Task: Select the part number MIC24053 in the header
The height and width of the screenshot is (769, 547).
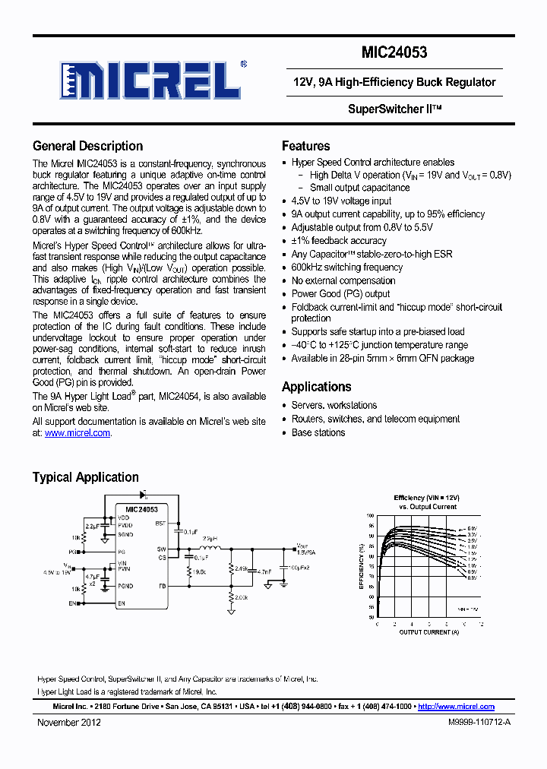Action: click(394, 52)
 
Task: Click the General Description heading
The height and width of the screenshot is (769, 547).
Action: click(87, 146)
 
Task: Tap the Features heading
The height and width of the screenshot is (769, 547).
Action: click(305, 146)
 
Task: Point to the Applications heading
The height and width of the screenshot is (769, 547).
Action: click(316, 387)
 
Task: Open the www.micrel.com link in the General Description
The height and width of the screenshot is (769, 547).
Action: click(77, 433)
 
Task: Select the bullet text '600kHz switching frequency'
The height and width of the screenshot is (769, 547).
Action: click(346, 267)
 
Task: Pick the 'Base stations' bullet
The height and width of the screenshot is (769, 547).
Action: click(318, 432)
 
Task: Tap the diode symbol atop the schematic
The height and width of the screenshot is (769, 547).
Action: click(144, 495)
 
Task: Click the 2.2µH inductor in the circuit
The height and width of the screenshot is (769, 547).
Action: click(210, 547)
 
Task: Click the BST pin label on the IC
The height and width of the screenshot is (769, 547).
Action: click(160, 524)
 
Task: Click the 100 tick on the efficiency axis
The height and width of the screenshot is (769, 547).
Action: click(371, 516)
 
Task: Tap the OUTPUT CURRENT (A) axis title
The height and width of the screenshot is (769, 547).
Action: click(429, 632)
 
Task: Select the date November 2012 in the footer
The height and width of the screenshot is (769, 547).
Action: click(69, 723)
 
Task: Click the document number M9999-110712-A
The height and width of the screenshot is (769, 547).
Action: click(479, 723)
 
